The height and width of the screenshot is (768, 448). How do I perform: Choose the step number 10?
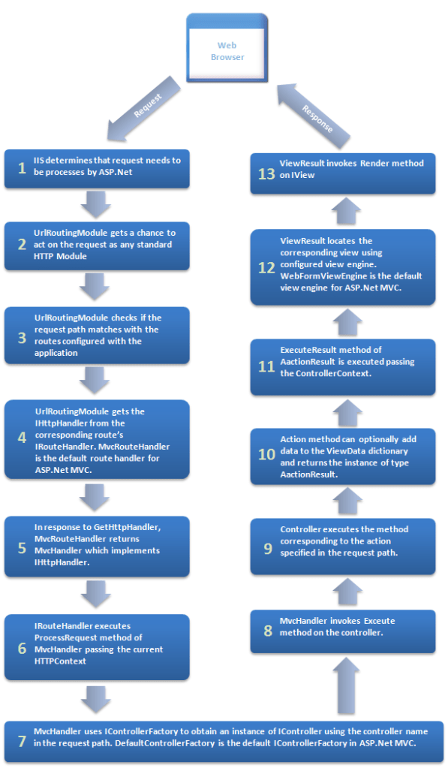(x=266, y=454)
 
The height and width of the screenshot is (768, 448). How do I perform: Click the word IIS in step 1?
(x=41, y=160)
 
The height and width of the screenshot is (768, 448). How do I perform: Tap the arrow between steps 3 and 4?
(x=95, y=379)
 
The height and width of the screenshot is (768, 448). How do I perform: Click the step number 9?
(x=267, y=548)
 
